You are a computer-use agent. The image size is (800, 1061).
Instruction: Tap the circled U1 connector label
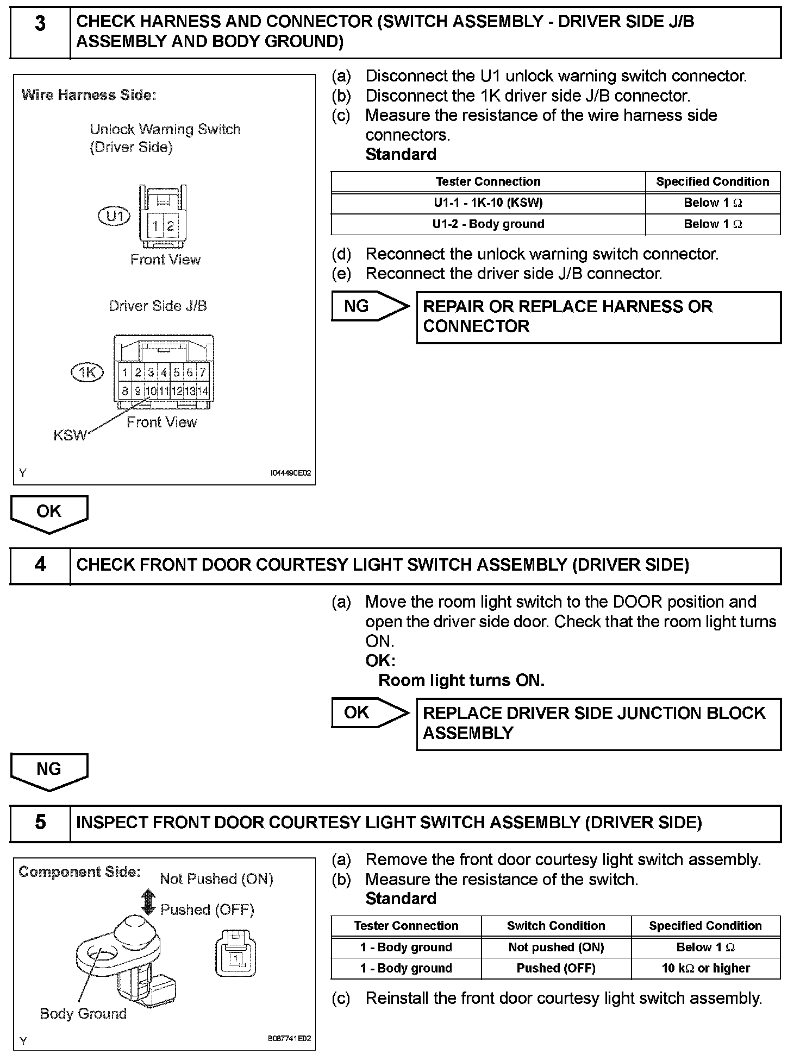pyautogui.click(x=114, y=217)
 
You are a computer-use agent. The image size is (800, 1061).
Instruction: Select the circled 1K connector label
pyautogui.click(x=87, y=372)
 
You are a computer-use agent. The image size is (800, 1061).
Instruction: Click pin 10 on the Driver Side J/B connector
pyautogui.click(x=151, y=390)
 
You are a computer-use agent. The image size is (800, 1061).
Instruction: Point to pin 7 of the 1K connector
pyautogui.click(x=202, y=372)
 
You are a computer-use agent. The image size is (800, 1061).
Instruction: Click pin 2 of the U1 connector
pyautogui.click(x=171, y=226)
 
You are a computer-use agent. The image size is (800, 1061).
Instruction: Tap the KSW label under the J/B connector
pyautogui.click(x=70, y=435)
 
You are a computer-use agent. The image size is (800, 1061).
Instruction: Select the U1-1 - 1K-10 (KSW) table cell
pyautogui.click(x=487, y=203)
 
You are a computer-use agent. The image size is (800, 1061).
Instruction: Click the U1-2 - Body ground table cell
pyautogui.click(x=487, y=224)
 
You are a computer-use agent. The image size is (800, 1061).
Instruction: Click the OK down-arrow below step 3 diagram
pyautogui.click(x=49, y=513)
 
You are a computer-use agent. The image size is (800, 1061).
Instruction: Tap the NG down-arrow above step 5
pyautogui.click(x=49, y=771)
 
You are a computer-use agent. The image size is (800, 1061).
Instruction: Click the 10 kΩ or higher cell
pyautogui.click(x=705, y=968)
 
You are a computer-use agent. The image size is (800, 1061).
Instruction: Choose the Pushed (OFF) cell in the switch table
pyautogui.click(x=555, y=968)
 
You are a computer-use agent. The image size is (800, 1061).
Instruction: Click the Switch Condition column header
pyautogui.click(x=555, y=926)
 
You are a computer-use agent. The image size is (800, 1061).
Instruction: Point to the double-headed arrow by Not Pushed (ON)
pyautogui.click(x=148, y=902)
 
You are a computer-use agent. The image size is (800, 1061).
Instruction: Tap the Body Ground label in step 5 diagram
pyautogui.click(x=83, y=1014)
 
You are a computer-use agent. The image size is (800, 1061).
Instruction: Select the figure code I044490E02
pyautogui.click(x=291, y=473)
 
